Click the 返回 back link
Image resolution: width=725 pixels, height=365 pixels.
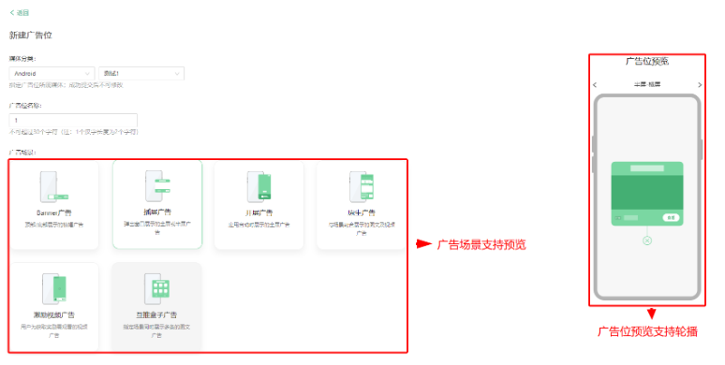click(x=20, y=12)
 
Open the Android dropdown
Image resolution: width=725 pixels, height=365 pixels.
click(x=52, y=73)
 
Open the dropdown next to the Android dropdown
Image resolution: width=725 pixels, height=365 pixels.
click(x=141, y=73)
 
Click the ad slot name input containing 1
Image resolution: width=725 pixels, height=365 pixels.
click(x=73, y=121)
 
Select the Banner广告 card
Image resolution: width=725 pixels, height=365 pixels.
click(x=53, y=205)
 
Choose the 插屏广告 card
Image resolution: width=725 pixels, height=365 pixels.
click(x=156, y=205)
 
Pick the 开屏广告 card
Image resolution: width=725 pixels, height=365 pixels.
click(x=259, y=205)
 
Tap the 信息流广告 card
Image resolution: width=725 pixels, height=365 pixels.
click(x=361, y=205)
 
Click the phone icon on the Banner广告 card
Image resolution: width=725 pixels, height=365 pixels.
click(x=52, y=186)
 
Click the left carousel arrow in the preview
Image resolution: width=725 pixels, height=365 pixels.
click(x=596, y=85)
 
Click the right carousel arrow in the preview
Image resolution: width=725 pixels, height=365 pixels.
click(x=699, y=85)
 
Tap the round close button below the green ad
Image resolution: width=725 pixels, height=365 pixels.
click(x=646, y=241)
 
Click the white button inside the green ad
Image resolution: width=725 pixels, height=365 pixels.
click(x=671, y=217)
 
